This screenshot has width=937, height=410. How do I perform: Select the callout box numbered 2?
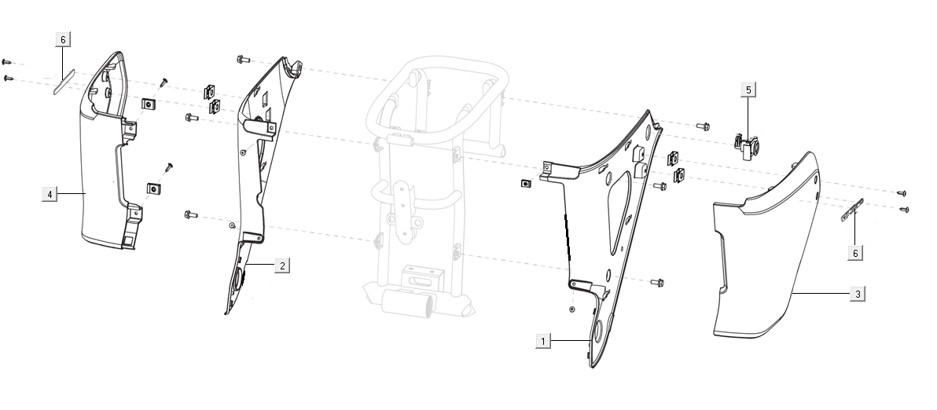[281, 265]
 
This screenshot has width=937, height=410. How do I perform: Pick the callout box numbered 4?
[49, 193]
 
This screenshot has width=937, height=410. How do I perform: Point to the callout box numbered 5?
[748, 90]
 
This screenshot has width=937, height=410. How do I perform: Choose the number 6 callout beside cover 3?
[855, 253]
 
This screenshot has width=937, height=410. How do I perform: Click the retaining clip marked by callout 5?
[746, 145]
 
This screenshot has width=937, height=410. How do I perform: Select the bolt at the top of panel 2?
[242, 59]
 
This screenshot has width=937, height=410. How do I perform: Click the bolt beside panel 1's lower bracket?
[657, 281]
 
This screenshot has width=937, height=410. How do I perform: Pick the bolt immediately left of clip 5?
[702, 125]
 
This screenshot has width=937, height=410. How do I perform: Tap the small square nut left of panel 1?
[525, 184]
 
